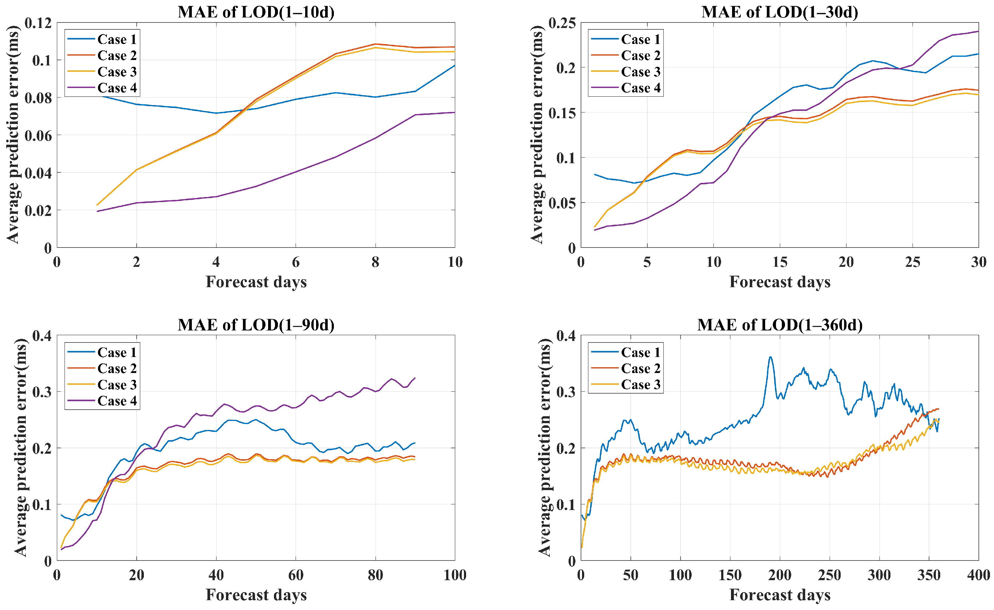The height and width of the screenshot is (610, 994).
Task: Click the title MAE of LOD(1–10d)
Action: click(256, 12)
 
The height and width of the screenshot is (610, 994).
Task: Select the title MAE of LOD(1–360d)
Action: click(780, 325)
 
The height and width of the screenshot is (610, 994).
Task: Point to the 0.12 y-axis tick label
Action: click(38, 23)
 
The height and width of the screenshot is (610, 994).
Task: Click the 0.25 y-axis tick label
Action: click(562, 23)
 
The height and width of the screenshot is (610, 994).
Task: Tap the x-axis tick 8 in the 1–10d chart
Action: click(376, 262)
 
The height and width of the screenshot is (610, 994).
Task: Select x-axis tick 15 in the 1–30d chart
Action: click(780, 262)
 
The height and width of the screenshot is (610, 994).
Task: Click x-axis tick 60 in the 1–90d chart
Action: click(296, 575)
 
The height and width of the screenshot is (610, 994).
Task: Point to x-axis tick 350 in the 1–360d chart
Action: click(929, 575)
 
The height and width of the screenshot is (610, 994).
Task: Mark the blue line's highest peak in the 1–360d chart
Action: click(770, 357)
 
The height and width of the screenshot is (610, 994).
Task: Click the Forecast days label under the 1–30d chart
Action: click(780, 282)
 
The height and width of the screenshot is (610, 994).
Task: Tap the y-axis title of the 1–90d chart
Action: click(20, 447)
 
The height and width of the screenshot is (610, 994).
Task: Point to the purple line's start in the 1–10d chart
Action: click(97, 211)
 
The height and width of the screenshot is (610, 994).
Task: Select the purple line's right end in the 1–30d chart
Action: click(978, 31)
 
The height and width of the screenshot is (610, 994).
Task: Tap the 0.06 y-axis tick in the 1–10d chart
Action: click(38, 136)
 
